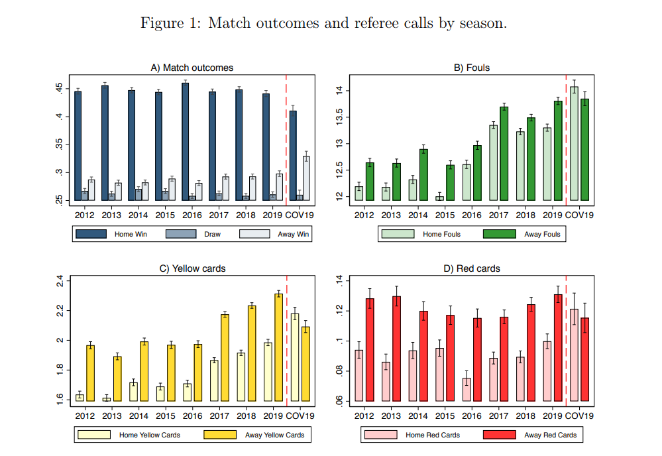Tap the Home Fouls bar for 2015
pyautogui.click(x=439, y=198)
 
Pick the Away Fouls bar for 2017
pyautogui.click(x=504, y=153)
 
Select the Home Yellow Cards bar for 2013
pyautogui.click(x=107, y=399)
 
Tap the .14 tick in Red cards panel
pyautogui.click(x=342, y=280)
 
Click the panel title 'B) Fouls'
pyautogui.click(x=471, y=68)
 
